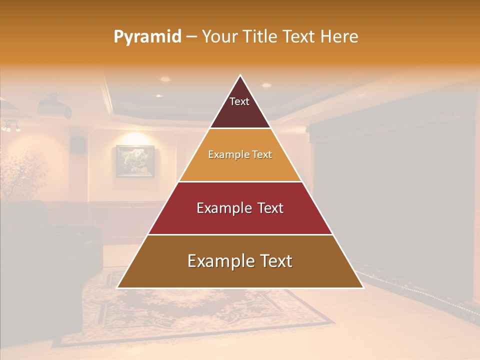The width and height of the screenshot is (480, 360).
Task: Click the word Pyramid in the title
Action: [x=147, y=37]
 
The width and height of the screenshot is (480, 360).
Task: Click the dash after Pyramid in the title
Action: [x=191, y=37]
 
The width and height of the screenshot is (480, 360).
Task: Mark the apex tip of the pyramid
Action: [x=240, y=76]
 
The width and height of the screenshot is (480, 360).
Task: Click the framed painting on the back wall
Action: [x=135, y=161]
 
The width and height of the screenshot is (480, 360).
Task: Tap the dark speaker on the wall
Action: [x=77, y=144]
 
